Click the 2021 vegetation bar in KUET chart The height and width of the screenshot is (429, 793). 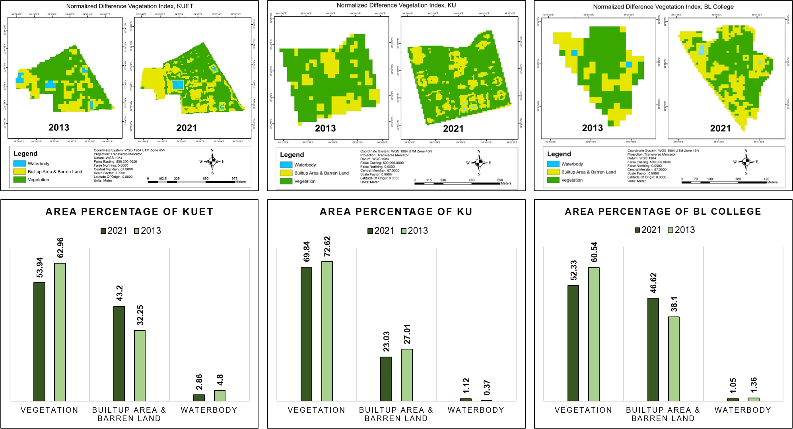(39, 342)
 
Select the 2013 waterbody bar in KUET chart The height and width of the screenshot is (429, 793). (220, 395)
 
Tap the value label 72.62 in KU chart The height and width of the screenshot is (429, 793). (327, 247)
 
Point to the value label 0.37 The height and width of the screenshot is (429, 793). (487, 388)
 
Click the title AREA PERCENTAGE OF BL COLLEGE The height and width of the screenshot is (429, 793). (663, 212)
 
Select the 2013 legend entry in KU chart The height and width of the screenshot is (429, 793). (414, 231)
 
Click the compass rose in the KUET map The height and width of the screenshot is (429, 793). (212, 161)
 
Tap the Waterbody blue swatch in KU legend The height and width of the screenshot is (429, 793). (286, 165)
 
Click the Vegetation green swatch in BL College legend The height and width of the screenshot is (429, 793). (553, 180)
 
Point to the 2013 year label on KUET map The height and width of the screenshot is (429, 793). (59, 128)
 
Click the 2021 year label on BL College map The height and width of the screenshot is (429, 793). (720, 128)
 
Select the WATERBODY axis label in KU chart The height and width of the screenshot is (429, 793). (476, 410)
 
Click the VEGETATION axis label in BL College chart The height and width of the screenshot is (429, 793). (583, 410)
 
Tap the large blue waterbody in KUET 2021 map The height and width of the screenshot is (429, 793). (178, 85)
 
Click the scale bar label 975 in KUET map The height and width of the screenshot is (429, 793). (235, 179)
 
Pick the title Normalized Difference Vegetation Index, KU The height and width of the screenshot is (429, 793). (396, 5)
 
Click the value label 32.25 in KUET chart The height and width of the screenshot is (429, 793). (140, 315)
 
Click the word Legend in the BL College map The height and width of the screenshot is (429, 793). (559, 154)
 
